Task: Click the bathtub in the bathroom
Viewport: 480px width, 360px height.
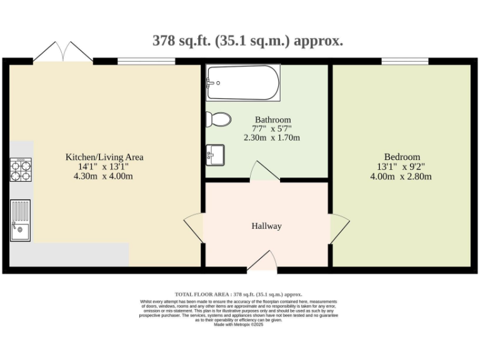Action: coord(243,82)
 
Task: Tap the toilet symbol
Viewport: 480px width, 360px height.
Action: coord(218,119)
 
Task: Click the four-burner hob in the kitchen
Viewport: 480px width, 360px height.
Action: coord(21,169)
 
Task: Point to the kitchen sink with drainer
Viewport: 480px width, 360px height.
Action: coord(20,220)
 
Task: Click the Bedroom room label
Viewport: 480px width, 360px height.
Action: coord(402,157)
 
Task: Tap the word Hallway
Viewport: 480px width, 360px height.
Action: coord(267,226)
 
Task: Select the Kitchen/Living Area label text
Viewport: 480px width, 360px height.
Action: coord(104,157)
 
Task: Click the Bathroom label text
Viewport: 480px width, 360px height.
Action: coord(272,119)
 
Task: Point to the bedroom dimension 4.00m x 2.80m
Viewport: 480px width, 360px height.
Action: coord(402,176)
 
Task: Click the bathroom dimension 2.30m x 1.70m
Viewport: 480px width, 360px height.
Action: coord(272,137)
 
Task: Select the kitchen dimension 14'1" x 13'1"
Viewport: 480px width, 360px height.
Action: coord(104,167)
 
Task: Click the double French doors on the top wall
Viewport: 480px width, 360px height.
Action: coord(62,52)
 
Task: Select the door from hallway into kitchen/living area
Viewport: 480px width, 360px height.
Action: coord(194,226)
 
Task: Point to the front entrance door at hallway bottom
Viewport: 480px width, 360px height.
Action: coord(262,262)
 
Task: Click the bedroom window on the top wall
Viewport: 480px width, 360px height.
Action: coord(405,61)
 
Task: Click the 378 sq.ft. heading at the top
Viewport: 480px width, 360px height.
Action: coord(247,41)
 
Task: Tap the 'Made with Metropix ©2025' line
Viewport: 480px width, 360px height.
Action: coord(239,324)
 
